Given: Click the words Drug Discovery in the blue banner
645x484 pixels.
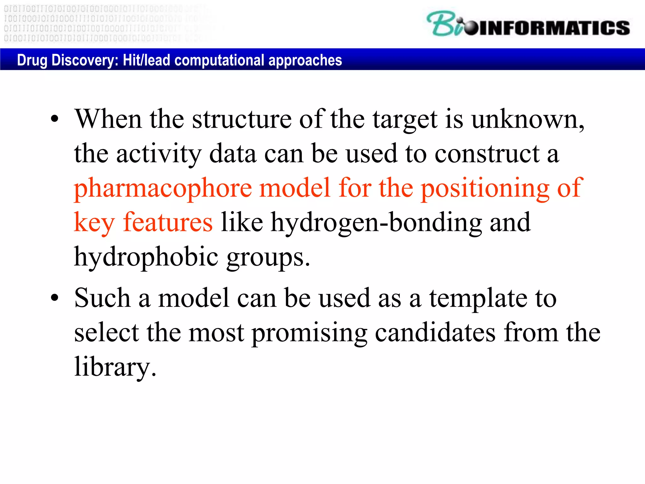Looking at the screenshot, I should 67,60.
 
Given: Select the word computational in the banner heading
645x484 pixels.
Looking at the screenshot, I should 220,60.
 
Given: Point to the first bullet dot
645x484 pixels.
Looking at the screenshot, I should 55,119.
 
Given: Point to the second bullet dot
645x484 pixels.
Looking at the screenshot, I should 55,298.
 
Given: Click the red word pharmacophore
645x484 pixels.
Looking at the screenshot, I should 163,188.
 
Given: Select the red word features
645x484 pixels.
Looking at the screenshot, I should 168,222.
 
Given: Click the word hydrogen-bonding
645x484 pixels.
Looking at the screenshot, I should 376,222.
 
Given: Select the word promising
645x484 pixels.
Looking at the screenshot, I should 309,333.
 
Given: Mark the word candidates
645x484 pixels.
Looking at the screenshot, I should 435,333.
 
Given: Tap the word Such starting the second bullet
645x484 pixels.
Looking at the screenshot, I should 102,298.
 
